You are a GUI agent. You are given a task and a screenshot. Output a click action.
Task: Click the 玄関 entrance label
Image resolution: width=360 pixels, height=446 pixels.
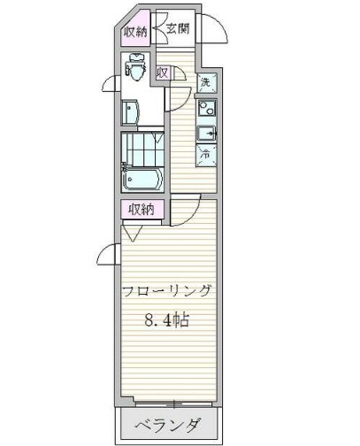click(x=177, y=28)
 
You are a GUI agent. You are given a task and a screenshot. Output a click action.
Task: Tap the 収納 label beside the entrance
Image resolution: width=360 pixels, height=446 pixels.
click(x=135, y=34)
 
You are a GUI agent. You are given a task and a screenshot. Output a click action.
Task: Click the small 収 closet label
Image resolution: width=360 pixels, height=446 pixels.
click(x=163, y=73)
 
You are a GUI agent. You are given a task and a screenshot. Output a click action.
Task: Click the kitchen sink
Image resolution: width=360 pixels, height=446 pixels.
click(x=205, y=134)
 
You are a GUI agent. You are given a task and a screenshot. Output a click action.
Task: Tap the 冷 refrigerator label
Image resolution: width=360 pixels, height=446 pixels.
click(x=205, y=152)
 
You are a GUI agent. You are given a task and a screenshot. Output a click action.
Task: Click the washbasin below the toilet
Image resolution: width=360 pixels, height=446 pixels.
click(x=131, y=112)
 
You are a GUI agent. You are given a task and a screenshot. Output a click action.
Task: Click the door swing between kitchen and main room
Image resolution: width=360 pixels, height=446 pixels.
click(x=184, y=210)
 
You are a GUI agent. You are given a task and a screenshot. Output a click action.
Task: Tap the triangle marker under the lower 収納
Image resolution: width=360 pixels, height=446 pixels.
click(x=133, y=233)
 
